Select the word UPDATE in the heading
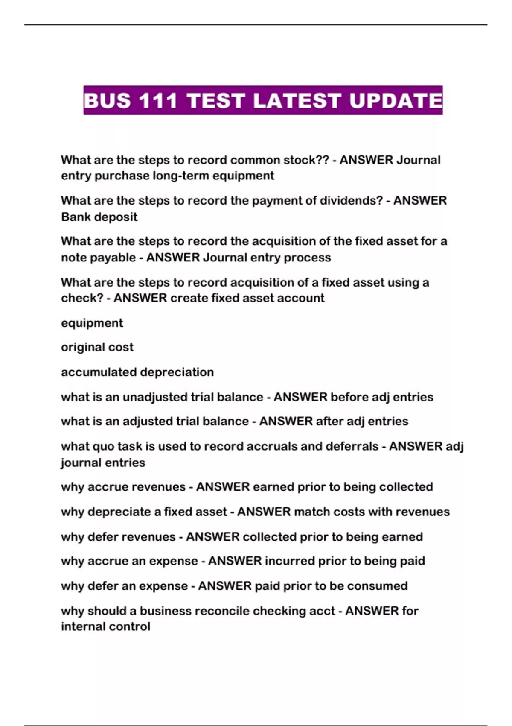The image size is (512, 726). click(x=396, y=101)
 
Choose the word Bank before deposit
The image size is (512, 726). click(x=76, y=217)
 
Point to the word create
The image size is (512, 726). click(x=186, y=298)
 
